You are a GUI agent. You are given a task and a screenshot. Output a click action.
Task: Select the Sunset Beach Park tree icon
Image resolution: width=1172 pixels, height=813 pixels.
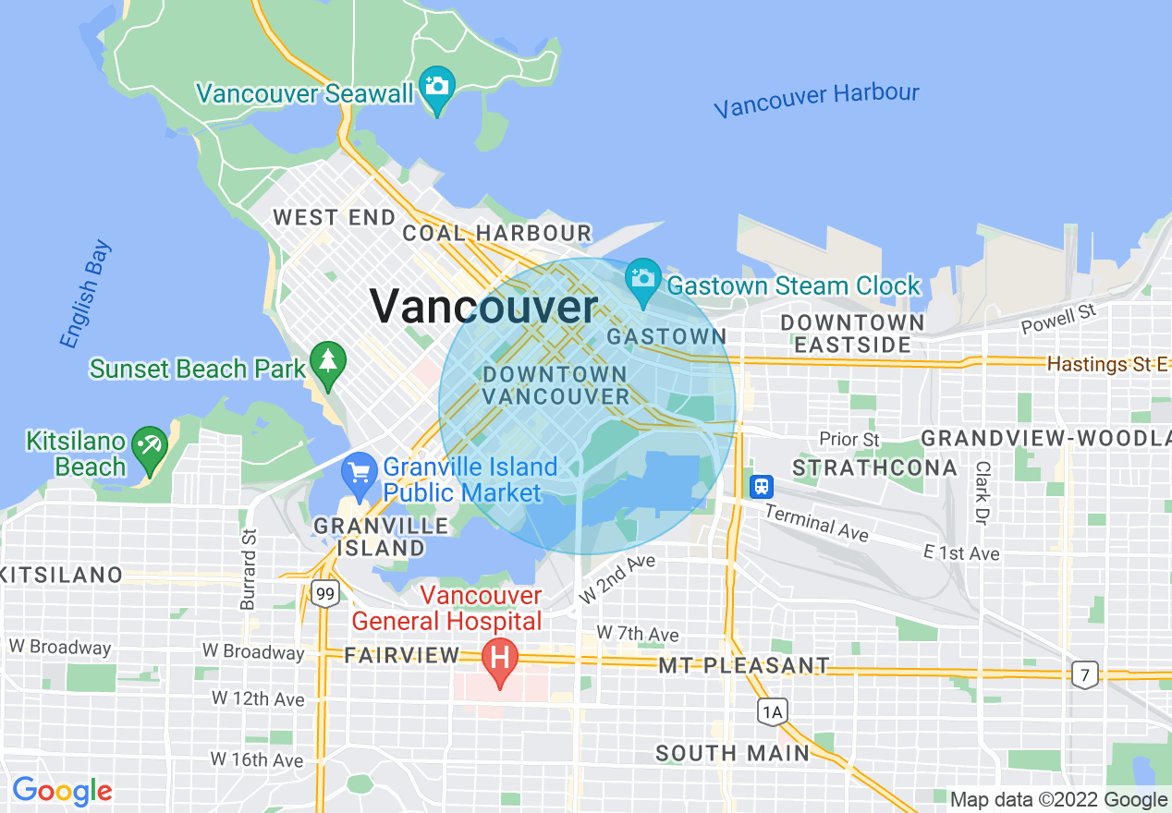pyautogui.click(x=327, y=361)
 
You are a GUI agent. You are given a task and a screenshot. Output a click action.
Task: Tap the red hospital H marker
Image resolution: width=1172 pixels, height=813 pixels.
pyautogui.click(x=500, y=660)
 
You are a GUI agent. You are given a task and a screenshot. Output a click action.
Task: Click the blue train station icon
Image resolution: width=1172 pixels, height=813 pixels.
pyautogui.click(x=762, y=486)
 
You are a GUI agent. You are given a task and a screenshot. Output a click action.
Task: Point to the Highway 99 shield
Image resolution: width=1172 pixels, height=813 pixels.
pyautogui.click(x=324, y=593)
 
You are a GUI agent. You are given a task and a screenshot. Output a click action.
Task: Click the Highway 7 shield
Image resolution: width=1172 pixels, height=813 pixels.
pyautogui.click(x=1086, y=673)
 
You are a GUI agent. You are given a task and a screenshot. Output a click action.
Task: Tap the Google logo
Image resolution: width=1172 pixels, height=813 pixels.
pyautogui.click(x=61, y=791)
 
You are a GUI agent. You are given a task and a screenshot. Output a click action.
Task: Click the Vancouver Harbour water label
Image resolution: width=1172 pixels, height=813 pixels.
pyautogui.click(x=816, y=100)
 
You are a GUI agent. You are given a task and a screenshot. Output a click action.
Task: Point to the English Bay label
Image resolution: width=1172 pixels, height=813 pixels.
pyautogui.click(x=86, y=295)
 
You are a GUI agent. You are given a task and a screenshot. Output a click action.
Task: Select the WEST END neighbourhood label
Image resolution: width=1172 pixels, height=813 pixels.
pyautogui.click(x=335, y=218)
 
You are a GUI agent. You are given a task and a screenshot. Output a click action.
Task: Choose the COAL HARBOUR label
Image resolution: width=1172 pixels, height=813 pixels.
pyautogui.click(x=496, y=233)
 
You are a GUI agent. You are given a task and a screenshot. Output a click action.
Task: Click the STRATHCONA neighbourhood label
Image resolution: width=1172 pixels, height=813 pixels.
pyautogui.click(x=875, y=467)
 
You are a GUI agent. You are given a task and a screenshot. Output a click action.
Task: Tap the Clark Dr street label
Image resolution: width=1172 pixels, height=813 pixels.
pyautogui.click(x=982, y=491)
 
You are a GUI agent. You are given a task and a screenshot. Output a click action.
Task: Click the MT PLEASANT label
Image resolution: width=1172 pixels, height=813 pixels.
pyautogui.click(x=743, y=665)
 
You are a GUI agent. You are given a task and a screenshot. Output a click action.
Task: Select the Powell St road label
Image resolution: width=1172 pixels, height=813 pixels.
pyautogui.click(x=1057, y=320)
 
